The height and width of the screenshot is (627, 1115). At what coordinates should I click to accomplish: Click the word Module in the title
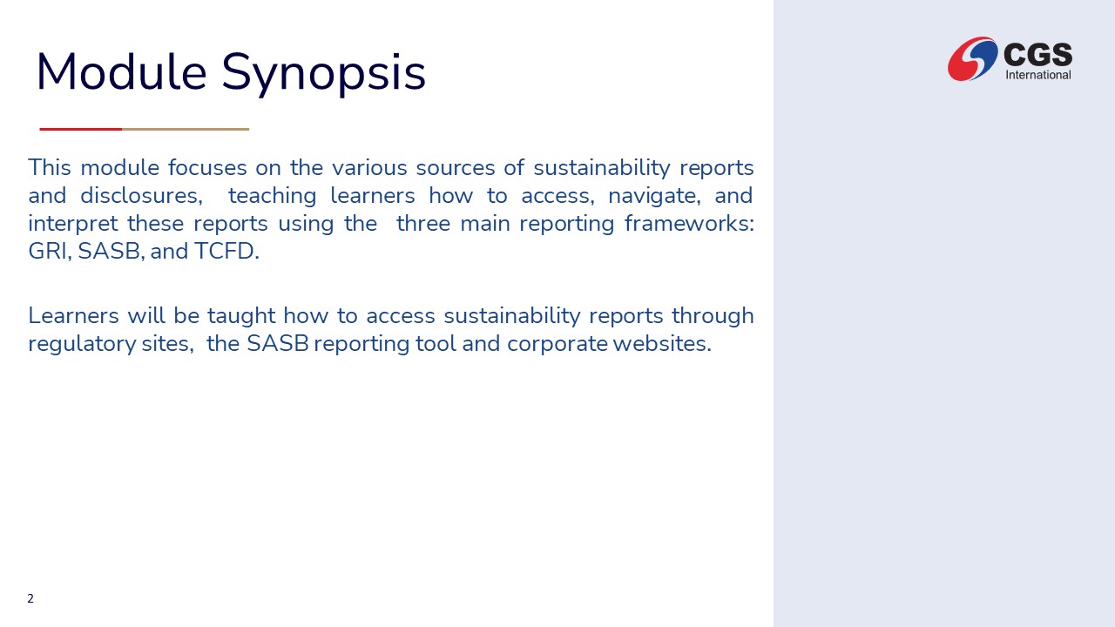coord(121,71)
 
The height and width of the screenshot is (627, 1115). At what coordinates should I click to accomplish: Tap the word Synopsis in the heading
coord(323,74)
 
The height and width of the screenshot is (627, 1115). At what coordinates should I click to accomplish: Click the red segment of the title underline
coord(81,129)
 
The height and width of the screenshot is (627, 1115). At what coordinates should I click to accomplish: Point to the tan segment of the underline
coord(186,129)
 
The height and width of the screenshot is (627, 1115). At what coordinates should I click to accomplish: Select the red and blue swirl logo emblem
coord(972,58)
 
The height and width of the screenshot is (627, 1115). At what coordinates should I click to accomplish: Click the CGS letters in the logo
coord(1037,54)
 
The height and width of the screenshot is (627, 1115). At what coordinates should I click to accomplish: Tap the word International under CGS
coord(1037,75)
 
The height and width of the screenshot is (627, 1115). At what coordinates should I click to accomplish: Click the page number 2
coord(30,598)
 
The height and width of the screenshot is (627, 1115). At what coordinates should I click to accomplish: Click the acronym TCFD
coord(226,251)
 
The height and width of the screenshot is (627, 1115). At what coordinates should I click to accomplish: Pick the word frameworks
coord(689,223)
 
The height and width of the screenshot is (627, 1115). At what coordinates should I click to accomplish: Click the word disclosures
coord(141,196)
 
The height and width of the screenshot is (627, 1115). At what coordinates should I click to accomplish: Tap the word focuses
coord(207,168)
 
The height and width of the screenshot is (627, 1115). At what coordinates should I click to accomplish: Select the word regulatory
coord(82,344)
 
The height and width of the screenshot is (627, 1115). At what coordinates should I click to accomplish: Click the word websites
coord(662,343)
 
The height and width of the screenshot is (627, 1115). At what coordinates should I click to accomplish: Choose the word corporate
coord(557,344)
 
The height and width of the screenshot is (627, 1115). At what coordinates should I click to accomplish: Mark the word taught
coord(241,316)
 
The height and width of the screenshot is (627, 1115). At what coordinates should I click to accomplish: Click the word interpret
coord(73,224)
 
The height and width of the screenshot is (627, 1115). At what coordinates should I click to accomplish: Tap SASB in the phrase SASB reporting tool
coord(278,343)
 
